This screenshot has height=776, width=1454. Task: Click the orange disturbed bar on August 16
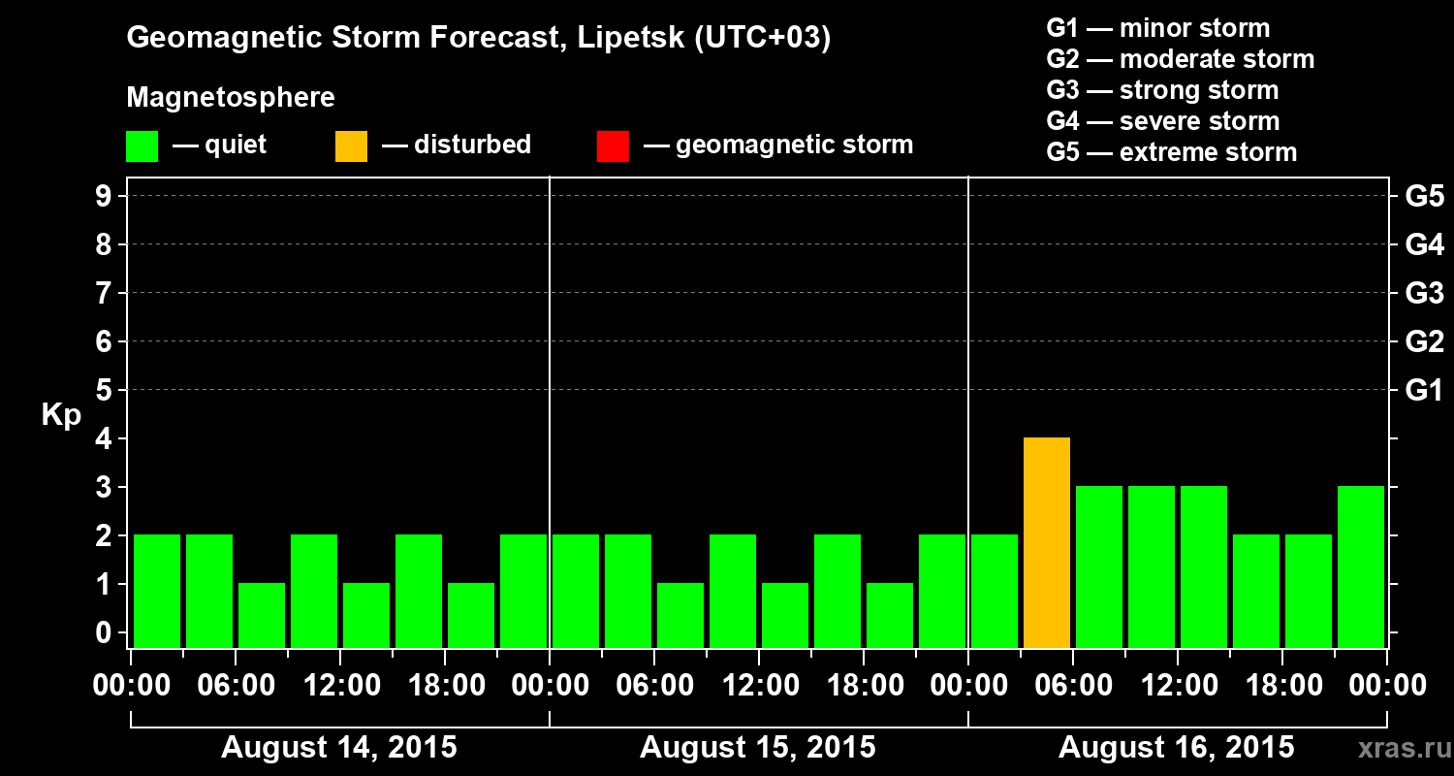tap(1047, 543)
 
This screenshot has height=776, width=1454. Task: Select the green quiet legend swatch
tap(142, 145)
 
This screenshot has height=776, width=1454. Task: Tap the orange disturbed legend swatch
tap(351, 145)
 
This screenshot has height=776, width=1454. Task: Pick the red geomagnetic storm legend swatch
tap(613, 145)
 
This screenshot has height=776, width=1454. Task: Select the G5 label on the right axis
tap(1424, 197)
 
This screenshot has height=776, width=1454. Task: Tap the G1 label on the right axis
tap(1424, 391)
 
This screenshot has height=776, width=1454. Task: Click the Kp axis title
tap(61, 415)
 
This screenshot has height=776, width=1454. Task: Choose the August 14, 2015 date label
tap(339, 748)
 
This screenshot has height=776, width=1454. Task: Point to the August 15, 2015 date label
tap(758, 748)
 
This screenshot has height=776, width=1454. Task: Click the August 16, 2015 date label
tap(1176, 748)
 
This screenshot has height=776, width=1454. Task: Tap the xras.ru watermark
tap(1396, 748)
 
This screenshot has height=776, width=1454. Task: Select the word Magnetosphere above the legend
tap(231, 98)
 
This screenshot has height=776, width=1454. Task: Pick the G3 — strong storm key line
tap(1162, 90)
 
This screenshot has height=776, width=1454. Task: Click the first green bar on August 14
tap(157, 591)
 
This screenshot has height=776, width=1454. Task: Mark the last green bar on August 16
tap(1361, 566)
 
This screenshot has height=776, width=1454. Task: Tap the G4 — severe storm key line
tap(1163, 121)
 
